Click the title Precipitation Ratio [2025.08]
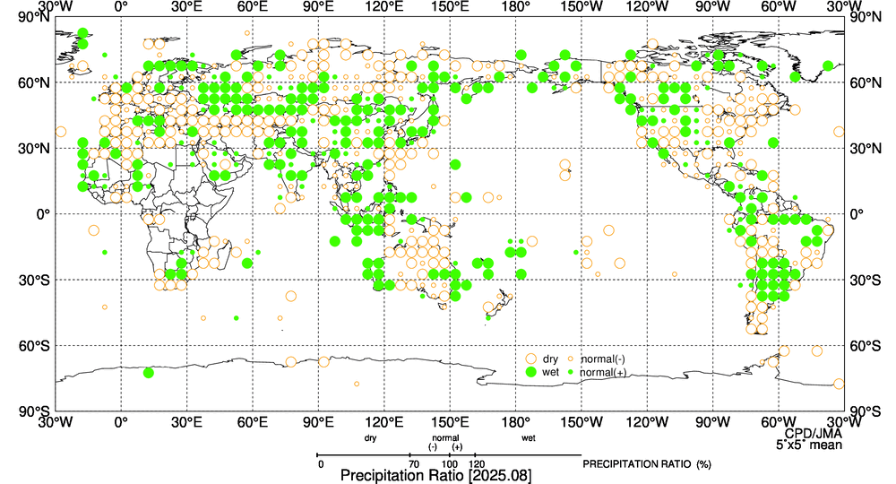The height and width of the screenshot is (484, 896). (435, 475)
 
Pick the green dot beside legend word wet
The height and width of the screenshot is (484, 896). (530, 372)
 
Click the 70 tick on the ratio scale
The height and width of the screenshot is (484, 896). (413, 463)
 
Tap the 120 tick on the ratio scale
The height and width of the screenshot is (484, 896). (478, 463)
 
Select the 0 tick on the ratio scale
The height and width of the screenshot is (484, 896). (320, 463)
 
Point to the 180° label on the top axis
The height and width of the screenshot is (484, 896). (516, 7)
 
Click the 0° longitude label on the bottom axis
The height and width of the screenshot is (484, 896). (122, 422)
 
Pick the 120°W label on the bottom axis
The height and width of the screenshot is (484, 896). (647, 422)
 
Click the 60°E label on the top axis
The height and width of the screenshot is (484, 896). (253, 7)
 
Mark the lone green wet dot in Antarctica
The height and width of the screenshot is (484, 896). (148, 372)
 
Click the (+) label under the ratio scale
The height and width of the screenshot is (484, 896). (457, 447)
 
